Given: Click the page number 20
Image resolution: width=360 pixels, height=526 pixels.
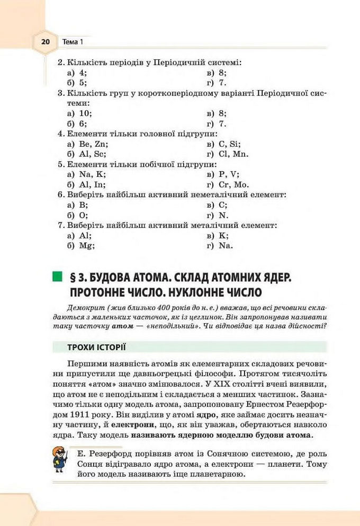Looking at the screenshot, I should pos(45,41).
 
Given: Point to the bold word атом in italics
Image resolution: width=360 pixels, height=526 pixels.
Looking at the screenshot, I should pos(123,326).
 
